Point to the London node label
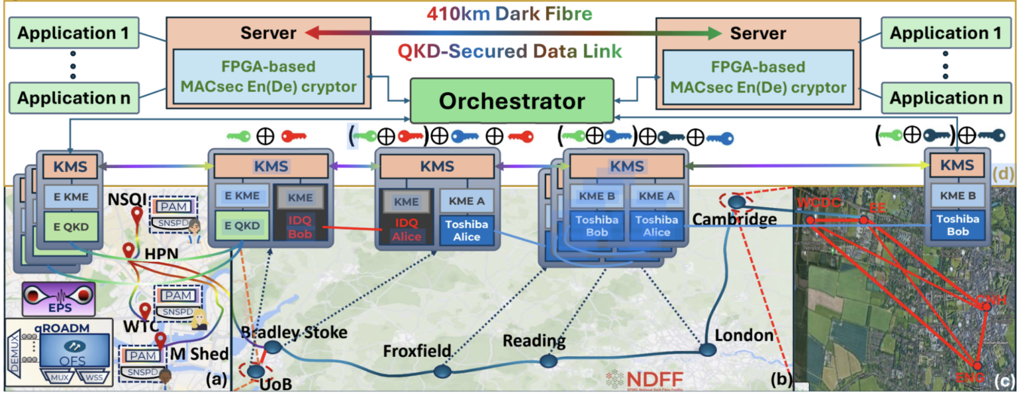pos(744,336)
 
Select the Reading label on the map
pos(534,341)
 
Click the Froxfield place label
pos(418,350)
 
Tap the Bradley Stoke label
pos(295,332)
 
